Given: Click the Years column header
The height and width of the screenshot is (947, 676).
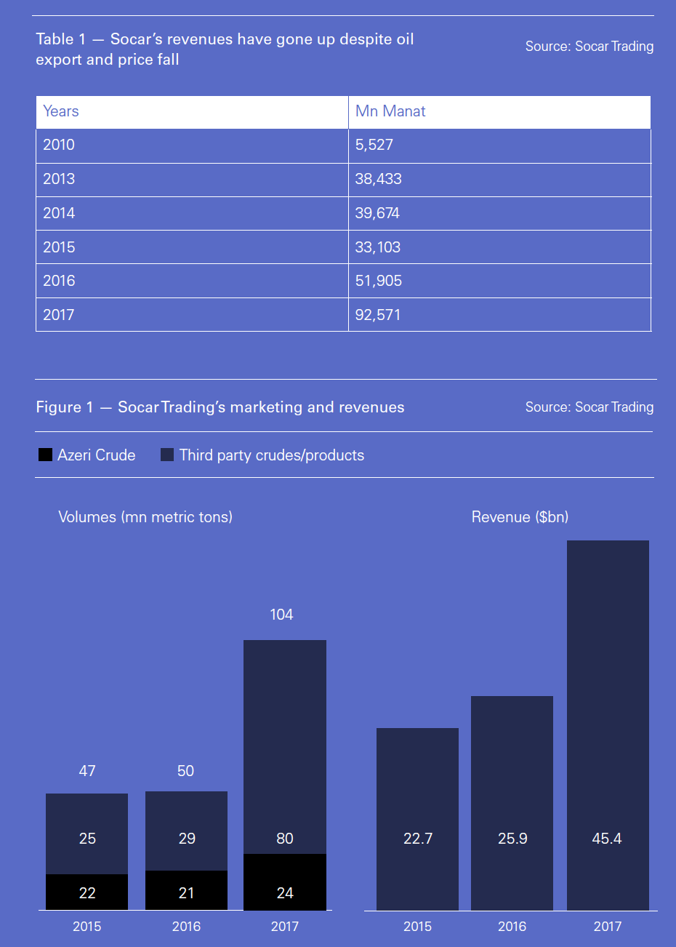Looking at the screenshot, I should (x=61, y=111).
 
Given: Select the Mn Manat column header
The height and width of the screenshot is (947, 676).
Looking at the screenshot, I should (x=390, y=111).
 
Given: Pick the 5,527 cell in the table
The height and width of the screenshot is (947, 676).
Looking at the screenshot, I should (x=374, y=145).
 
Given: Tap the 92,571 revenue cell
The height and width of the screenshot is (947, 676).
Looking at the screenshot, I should (x=378, y=315).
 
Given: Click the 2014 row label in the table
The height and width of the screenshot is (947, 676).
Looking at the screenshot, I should (x=59, y=213).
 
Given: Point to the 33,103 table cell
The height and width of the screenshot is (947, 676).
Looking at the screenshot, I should (x=378, y=247).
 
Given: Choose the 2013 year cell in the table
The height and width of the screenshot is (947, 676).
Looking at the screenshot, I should (x=59, y=179).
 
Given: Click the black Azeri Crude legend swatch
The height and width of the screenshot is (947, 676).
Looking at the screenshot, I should (x=45, y=455).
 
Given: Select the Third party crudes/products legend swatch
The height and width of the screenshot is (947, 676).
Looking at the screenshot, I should (x=167, y=455).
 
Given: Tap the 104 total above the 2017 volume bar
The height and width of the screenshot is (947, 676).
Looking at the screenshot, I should (x=281, y=615).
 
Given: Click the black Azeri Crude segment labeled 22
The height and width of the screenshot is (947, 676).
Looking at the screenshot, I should (x=87, y=892).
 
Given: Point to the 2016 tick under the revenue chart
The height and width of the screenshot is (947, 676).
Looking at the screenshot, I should (x=512, y=927).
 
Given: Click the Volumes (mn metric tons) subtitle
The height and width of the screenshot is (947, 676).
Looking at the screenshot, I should (x=145, y=517).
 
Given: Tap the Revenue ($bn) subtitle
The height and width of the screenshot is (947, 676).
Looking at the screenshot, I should (x=520, y=517).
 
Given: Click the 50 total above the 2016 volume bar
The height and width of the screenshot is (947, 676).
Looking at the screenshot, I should (x=186, y=771).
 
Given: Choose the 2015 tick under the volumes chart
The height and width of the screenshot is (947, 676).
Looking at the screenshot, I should (x=87, y=927).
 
